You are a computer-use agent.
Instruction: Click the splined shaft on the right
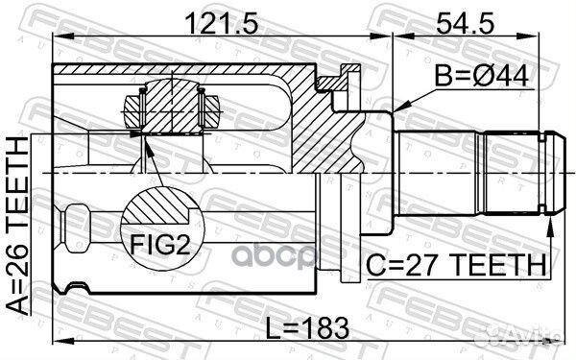click(470, 170)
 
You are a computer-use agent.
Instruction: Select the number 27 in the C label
click(411, 263)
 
